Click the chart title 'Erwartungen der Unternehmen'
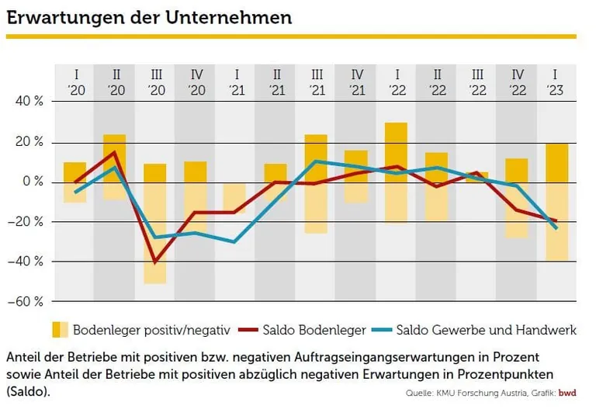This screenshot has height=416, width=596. point(149,17)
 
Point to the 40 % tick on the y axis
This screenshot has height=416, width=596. point(28,102)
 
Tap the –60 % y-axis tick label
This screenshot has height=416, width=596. point(26,301)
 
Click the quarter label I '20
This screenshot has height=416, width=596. point(74,82)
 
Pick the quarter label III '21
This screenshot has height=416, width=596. point(315,82)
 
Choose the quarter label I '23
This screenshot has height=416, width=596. point(556,82)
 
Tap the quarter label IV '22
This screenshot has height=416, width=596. point(516,82)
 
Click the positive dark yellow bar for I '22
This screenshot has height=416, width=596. point(396,152)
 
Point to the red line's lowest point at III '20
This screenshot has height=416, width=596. point(155,262)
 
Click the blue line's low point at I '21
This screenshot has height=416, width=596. point(235,242)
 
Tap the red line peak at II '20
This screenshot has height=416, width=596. point(115,152)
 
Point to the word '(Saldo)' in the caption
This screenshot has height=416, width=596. point(28,392)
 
